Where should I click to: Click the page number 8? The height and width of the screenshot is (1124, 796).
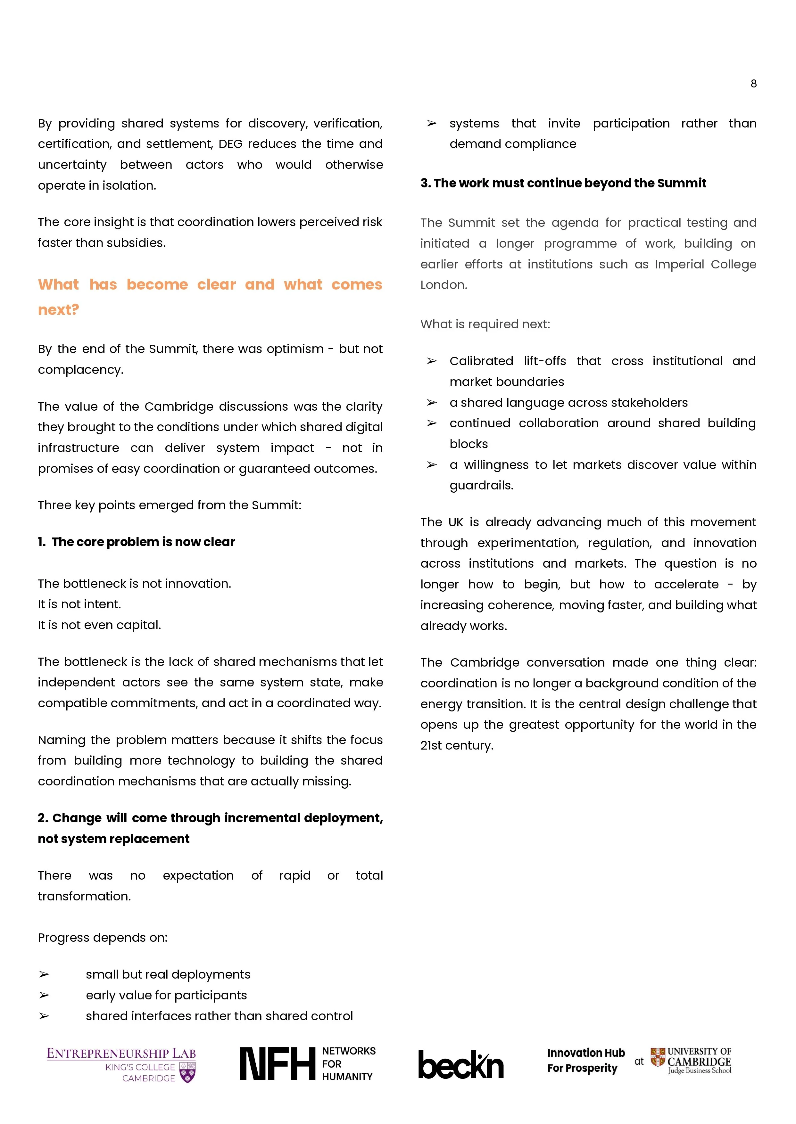tap(753, 84)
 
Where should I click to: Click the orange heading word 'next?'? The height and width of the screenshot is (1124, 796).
tap(58, 310)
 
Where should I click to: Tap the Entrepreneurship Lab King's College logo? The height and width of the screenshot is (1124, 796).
tap(121, 1064)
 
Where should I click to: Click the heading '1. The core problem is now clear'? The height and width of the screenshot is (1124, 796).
tap(136, 542)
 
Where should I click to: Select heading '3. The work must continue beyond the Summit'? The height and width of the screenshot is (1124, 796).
tap(563, 183)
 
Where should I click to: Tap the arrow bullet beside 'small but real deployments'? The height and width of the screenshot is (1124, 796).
tap(44, 974)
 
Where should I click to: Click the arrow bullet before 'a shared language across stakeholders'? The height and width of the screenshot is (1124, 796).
tap(431, 403)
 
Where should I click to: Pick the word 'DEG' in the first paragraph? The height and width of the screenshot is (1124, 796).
tap(230, 144)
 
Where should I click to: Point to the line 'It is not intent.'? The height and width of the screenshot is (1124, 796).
tap(79, 604)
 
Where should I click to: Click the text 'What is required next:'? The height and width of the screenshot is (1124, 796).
tap(485, 324)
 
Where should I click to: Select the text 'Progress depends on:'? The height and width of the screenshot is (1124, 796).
tap(103, 938)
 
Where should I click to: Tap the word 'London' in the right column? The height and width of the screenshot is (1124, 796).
tap(443, 285)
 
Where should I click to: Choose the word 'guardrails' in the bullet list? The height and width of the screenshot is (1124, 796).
tap(480, 486)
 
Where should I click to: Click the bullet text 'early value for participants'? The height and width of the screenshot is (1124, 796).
tap(166, 995)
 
